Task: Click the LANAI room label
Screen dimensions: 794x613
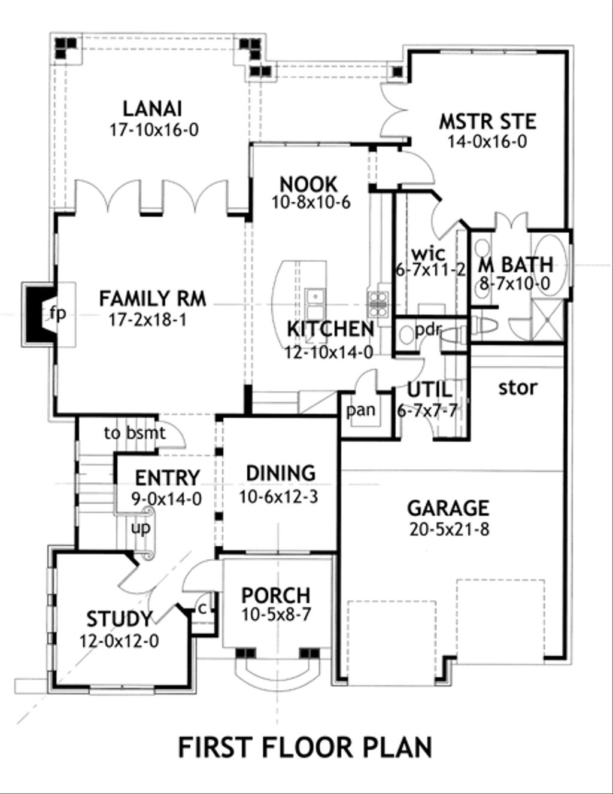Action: [153, 109]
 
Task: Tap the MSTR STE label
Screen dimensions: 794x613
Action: [487, 121]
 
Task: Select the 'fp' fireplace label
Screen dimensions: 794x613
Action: [57, 314]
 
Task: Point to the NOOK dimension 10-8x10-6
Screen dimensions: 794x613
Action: [311, 202]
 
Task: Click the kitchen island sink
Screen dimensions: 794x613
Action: [313, 296]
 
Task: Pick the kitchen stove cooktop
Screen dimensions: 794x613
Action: [378, 302]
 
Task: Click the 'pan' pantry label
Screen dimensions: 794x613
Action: [361, 410]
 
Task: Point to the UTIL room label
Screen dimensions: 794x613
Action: [430, 390]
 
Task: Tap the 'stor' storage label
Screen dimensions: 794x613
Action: [518, 388]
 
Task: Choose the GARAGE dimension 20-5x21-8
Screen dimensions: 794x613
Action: [448, 529]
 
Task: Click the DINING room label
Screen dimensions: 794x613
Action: [281, 473]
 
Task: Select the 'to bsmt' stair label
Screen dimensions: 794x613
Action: [134, 433]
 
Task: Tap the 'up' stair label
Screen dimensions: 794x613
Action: [141, 528]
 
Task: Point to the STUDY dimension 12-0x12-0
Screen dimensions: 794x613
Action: [119, 641]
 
